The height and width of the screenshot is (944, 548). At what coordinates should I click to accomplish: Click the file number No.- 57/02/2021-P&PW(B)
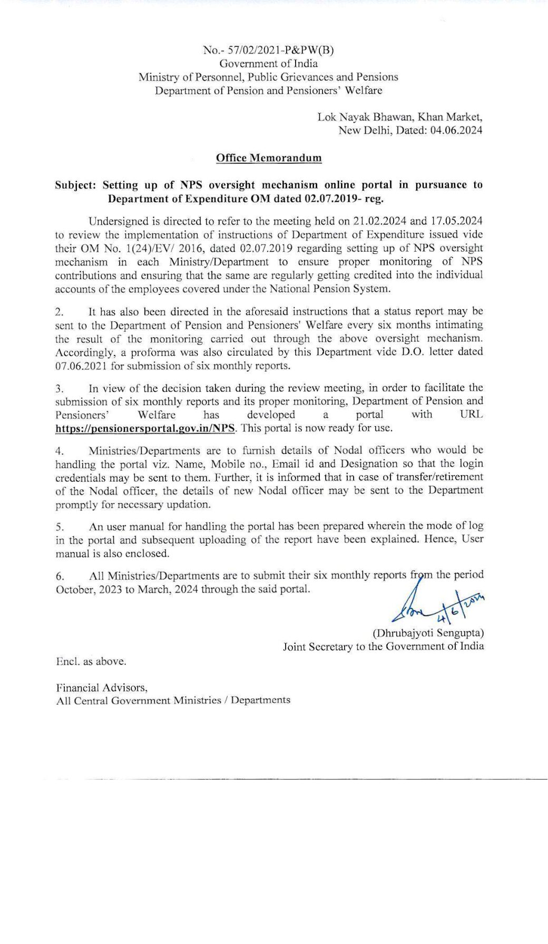tap(268, 50)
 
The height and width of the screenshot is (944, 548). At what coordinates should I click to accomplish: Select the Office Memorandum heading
tap(269, 158)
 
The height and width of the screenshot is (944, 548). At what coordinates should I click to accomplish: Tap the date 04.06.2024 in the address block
tap(456, 130)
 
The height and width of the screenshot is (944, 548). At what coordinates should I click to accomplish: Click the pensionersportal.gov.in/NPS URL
tap(145, 428)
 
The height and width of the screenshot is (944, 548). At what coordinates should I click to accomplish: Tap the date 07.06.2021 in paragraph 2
tap(81, 365)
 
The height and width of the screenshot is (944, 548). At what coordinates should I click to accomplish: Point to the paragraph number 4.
tap(60, 451)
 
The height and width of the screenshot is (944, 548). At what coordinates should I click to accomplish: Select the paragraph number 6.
tap(60, 576)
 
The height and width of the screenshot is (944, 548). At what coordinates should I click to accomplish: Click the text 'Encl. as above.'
tap(91, 661)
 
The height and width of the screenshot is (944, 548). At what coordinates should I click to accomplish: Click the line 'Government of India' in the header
tap(268, 64)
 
